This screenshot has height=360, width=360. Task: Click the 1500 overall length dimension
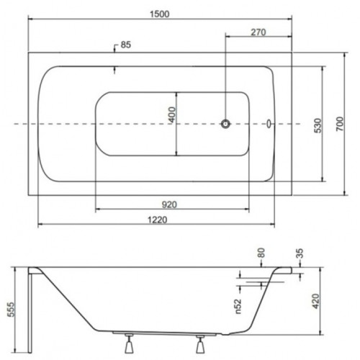click(160, 14)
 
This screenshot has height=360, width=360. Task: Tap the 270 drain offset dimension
click(258, 32)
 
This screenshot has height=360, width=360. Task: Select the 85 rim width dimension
click(126, 45)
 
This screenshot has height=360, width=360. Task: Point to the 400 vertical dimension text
click(173, 114)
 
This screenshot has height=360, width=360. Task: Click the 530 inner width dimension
click(318, 126)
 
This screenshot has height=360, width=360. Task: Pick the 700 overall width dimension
click(340, 124)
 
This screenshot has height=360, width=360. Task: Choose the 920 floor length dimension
click(169, 204)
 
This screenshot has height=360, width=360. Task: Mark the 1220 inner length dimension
click(157, 220)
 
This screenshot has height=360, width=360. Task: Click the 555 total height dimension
click(12, 310)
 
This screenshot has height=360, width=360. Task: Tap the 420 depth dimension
click(316, 301)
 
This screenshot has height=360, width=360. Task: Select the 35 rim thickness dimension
click(300, 253)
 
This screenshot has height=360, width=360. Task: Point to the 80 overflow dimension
click(261, 253)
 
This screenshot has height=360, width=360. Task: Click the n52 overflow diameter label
click(238, 307)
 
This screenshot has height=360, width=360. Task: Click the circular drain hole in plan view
click(225, 124)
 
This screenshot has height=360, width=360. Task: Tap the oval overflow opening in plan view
click(269, 124)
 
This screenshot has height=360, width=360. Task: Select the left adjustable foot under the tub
click(129, 343)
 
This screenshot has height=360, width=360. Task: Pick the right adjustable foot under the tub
click(200, 344)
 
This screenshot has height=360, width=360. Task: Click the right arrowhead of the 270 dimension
click(289, 37)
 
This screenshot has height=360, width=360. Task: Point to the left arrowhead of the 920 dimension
click(98, 210)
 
